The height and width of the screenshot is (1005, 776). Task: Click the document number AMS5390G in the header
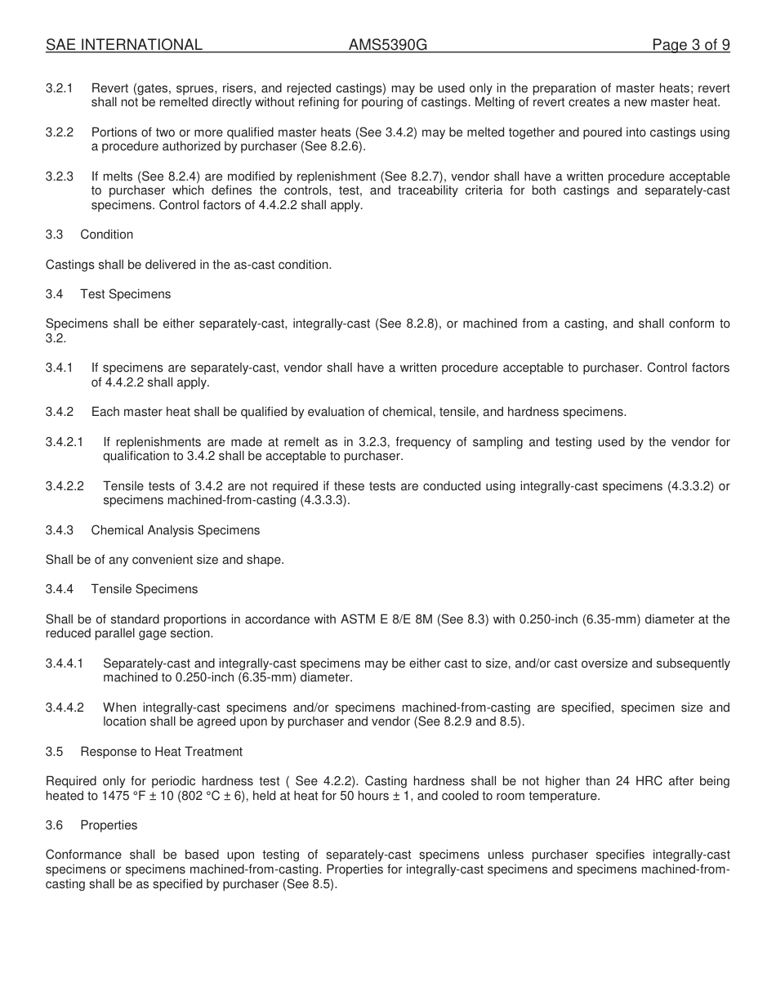pos(387,45)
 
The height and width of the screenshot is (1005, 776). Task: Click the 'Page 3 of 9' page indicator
pos(690,45)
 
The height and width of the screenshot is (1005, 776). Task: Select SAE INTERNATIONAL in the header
pos(123,45)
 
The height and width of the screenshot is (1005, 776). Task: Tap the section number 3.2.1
pos(60,88)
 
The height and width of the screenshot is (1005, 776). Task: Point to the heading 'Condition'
pos(106,234)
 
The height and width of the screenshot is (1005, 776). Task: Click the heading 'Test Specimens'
pos(125,294)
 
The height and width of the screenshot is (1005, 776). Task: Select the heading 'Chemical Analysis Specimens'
pos(175,530)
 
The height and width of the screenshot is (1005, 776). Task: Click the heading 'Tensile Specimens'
pos(144,589)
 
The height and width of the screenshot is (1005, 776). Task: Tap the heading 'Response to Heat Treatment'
pos(161,752)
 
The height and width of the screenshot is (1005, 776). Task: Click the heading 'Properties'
pos(109,825)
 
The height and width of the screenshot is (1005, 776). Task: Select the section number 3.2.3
pos(60,176)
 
